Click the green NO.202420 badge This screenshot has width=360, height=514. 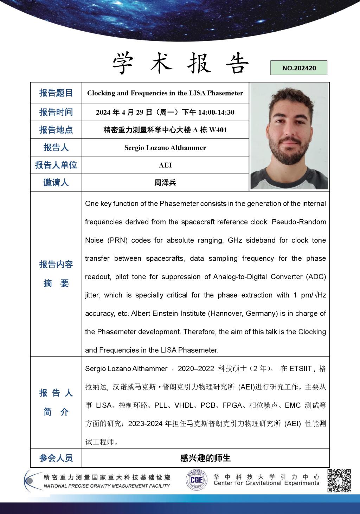point(299,68)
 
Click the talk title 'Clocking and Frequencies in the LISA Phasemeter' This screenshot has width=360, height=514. point(165,93)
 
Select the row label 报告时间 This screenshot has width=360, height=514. point(56,112)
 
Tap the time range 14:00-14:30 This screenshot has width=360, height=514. point(216,113)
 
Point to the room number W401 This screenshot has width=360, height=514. point(218,130)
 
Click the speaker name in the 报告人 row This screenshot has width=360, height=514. point(165,148)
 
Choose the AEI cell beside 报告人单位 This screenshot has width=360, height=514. point(165,165)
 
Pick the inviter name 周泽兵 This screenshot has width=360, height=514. point(165,183)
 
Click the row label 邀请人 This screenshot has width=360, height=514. point(56,183)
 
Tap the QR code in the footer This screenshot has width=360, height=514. point(339,480)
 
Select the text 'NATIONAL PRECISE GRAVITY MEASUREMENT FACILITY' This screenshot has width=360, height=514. point(107,486)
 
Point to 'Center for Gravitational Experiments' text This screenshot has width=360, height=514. point(266,483)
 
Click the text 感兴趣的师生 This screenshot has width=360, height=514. point(205,458)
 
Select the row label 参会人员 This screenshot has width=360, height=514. point(56,458)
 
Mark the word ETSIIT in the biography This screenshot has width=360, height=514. point(300,369)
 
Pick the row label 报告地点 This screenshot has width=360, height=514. point(56,130)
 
